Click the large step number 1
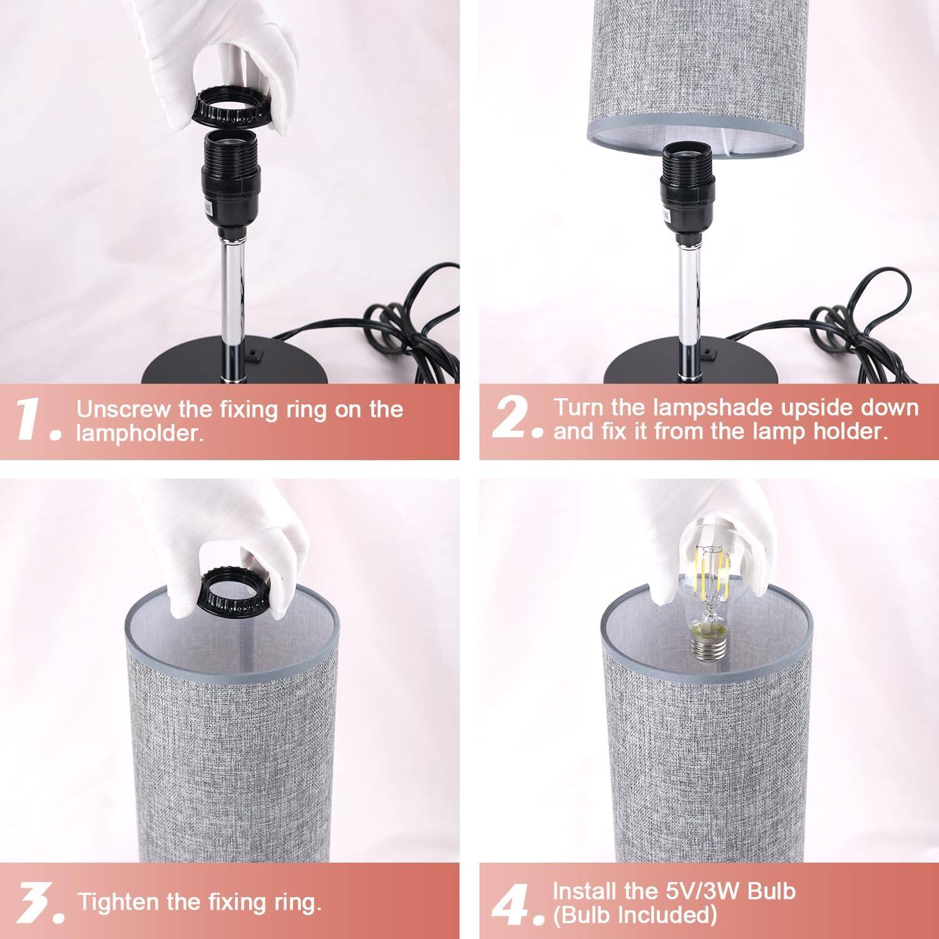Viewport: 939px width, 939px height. tap(31, 419)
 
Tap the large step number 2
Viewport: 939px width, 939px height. tap(511, 418)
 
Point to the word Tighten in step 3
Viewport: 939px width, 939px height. tap(119, 902)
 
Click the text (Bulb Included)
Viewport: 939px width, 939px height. tap(634, 915)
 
